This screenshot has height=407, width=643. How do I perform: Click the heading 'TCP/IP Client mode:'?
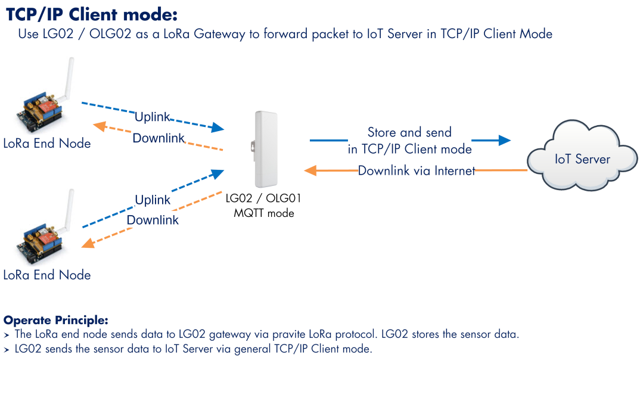coord(91,14)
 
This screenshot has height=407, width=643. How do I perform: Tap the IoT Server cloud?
coord(582,156)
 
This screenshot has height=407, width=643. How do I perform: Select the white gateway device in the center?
coord(265,149)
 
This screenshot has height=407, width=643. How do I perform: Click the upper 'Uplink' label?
coord(152,117)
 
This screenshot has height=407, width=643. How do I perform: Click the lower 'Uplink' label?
coord(153,200)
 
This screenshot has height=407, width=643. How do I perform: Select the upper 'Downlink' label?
coord(159,138)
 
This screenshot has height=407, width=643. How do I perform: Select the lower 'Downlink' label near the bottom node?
coord(153,220)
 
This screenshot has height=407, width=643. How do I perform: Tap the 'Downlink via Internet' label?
coord(416,170)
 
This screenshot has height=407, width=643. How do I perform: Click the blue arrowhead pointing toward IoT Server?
coord(504,140)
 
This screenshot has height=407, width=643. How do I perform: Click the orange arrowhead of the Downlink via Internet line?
coord(310,170)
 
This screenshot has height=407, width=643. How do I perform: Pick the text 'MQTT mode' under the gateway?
coord(263,213)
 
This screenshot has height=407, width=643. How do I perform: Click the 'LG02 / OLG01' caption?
coord(263,198)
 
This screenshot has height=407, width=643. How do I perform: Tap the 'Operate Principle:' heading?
coord(56,320)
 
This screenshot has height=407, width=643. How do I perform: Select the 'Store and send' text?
coord(409,132)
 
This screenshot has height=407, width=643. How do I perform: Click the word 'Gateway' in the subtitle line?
coord(219,34)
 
